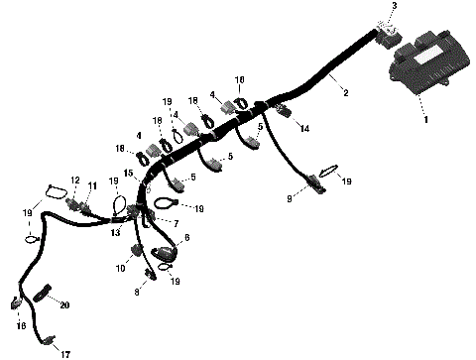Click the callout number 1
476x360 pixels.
point(426,120)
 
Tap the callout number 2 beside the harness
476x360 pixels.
point(345,93)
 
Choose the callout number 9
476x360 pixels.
point(290,199)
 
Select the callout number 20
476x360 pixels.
point(65,305)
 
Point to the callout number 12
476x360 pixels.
point(74,180)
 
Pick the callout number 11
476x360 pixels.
point(93,185)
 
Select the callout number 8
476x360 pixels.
point(137,293)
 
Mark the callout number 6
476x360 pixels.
point(188,239)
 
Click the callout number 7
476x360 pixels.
point(176,224)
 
